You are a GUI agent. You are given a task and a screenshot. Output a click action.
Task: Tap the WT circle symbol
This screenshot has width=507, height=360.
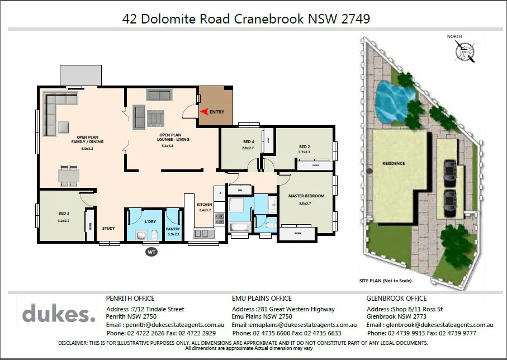pos(150,252)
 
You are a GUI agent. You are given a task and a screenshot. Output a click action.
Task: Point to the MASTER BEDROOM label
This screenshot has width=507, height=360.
pos(306,196)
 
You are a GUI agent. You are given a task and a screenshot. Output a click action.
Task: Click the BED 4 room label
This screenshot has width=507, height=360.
pos(249,141)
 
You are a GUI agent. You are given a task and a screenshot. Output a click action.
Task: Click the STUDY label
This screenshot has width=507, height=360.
pos(108,228)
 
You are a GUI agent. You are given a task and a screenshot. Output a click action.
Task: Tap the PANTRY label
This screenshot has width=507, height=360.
pos(173,229)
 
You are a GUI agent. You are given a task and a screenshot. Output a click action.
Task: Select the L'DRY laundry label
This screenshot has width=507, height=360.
pos(150,222)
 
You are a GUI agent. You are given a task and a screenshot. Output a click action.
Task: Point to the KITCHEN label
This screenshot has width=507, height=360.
pos(205,205)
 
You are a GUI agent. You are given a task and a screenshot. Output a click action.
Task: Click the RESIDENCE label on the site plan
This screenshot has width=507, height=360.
pos(394,163)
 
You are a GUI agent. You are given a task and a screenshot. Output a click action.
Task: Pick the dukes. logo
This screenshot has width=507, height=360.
pos(59,314)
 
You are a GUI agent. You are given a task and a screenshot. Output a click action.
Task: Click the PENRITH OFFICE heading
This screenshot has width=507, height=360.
pos(130,299)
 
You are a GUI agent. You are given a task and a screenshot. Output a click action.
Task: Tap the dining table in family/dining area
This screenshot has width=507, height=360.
pos(69,176)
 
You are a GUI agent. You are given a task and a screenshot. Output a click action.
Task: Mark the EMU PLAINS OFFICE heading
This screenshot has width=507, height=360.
pos(262,299)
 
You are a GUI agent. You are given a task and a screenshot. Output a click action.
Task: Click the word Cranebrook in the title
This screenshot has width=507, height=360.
pos(271,19)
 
